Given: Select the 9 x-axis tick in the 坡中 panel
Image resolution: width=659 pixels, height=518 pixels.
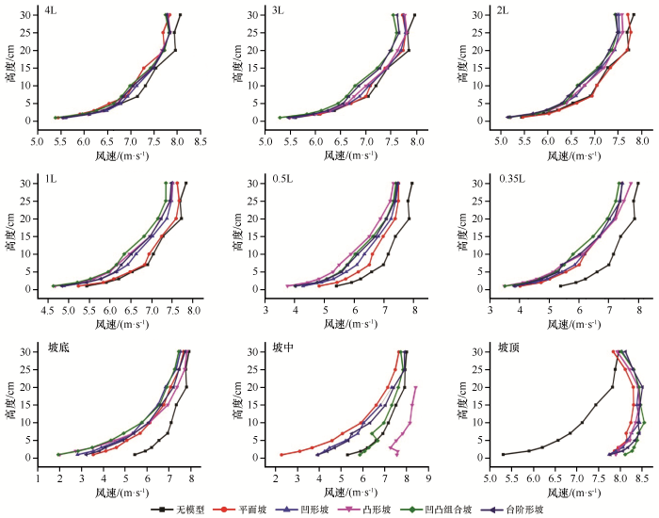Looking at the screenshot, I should pyautogui.click(x=429, y=477).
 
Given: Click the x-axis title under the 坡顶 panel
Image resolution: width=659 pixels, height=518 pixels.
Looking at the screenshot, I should pyautogui.click(x=567, y=493).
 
